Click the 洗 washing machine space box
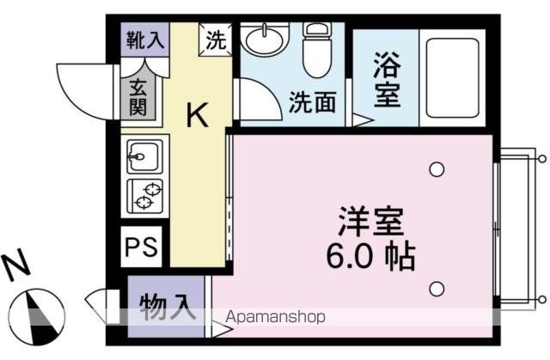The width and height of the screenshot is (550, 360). (216, 40)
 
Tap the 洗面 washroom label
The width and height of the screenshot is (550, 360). (310, 103)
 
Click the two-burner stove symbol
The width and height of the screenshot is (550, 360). (144, 196)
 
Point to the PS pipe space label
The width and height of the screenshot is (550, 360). (142, 247)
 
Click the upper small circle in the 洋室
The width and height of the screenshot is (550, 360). (437, 169)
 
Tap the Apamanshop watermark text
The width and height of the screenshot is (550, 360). (275, 318)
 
